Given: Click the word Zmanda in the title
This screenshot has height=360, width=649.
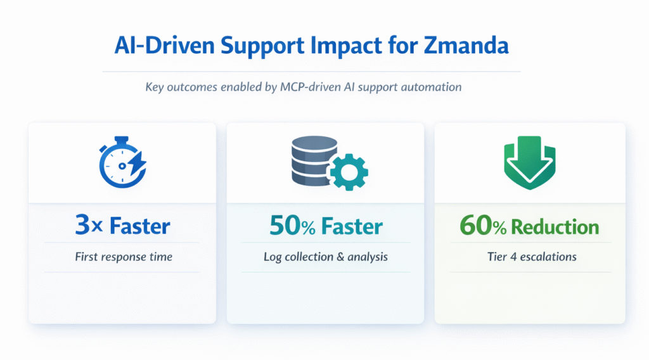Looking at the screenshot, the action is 466,45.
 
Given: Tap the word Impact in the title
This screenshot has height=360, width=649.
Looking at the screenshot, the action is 345,46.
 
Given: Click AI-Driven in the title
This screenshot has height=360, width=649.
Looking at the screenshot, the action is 165,45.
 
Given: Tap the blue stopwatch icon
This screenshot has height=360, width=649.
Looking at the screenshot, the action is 122,162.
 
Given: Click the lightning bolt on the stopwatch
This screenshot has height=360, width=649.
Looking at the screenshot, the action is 138,163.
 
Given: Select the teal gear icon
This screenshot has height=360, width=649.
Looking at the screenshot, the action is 349,172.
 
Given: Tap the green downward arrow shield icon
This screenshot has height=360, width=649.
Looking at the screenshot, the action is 529,162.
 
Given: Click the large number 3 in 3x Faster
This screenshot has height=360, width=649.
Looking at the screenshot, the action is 83,225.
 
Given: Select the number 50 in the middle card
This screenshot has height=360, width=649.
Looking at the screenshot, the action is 285,226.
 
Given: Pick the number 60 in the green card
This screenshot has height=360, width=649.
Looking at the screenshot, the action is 476,226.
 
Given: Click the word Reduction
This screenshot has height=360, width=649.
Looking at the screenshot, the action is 555,227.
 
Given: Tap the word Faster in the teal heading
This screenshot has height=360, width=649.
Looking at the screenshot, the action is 352,226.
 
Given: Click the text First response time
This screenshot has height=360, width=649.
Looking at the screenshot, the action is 124,257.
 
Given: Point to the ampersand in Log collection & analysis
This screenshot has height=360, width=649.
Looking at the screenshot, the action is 340,257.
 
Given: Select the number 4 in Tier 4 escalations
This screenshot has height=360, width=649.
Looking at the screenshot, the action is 513,257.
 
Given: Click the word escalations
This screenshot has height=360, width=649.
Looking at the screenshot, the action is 548,257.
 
